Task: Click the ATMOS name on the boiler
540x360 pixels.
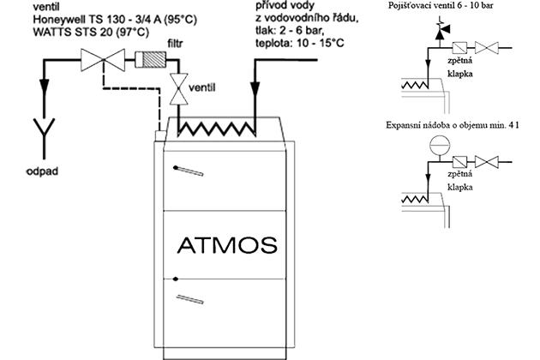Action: (227, 245)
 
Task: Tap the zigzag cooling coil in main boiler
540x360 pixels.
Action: (215, 129)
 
